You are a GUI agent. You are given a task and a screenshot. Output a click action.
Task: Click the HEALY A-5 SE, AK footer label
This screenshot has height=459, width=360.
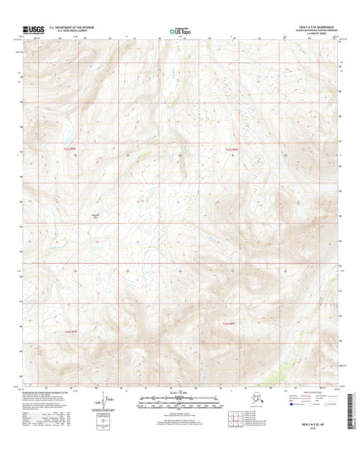322,421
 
